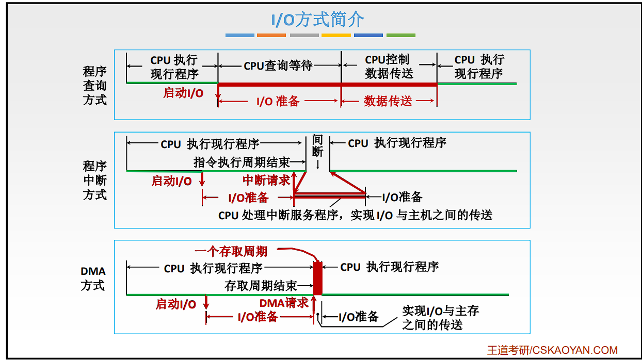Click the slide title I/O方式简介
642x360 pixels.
coord(318,20)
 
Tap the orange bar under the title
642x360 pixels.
coord(271,36)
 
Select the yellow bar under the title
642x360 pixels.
coord(336,36)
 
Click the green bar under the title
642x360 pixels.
coord(401,36)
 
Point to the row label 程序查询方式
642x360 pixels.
coord(94,85)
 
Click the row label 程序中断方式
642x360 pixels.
coord(94,180)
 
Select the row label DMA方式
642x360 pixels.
coord(93,278)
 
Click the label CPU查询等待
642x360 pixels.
coord(278,66)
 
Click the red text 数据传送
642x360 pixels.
coord(388,101)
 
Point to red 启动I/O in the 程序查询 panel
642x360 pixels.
coord(183,93)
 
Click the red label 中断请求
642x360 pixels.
coord(266,181)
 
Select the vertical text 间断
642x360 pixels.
coord(317,145)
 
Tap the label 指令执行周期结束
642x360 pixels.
coord(242,162)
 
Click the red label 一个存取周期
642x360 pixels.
coord(231,252)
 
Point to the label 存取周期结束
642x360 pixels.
coord(261,286)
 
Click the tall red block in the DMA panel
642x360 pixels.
coord(318,278)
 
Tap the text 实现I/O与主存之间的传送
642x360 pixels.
coord(440,317)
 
